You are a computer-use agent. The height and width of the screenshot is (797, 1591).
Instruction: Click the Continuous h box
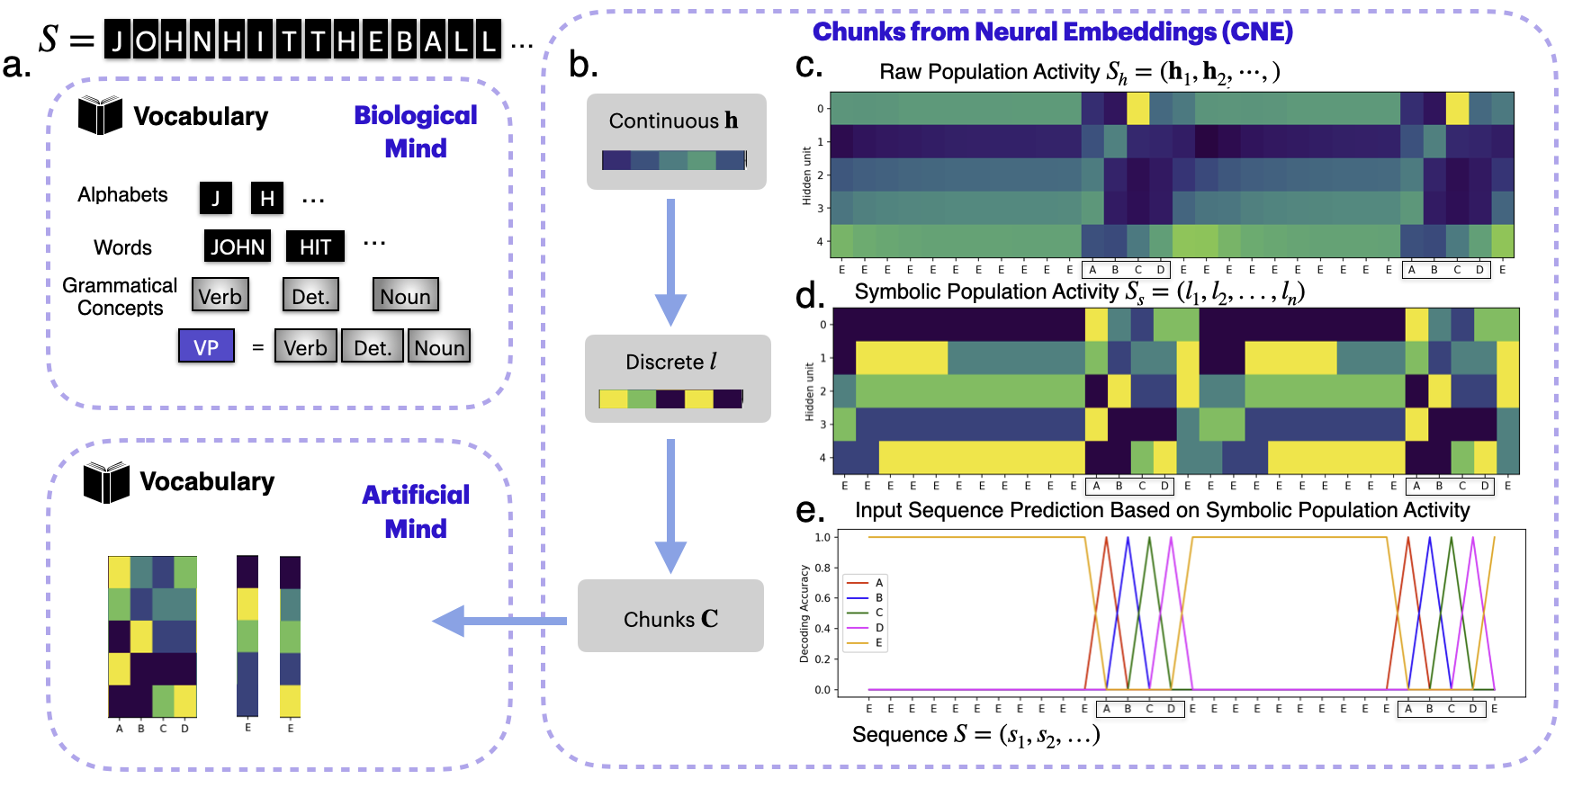pos(676,141)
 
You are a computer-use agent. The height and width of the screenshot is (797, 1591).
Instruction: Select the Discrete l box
pos(677,378)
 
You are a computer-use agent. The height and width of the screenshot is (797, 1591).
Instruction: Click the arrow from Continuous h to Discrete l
pos(670,261)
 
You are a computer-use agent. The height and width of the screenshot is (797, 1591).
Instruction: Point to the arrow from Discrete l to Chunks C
pos(670,505)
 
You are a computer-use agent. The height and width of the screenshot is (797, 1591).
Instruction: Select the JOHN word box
pos(238,246)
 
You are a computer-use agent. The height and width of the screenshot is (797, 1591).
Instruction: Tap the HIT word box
pos(315,246)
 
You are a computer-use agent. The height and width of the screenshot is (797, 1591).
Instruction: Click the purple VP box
pos(206,347)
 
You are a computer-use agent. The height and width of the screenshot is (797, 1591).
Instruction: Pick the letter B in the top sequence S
pos(405,41)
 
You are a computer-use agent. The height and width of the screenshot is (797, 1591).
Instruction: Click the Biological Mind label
pos(416,131)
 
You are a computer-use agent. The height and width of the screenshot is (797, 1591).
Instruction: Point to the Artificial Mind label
pos(416,511)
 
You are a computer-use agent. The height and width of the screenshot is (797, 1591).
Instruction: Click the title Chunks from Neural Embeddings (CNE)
pos(1052,31)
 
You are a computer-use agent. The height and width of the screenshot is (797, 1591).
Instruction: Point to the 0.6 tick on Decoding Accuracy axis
pos(822,598)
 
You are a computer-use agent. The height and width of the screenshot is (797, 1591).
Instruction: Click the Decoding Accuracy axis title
pos(804,613)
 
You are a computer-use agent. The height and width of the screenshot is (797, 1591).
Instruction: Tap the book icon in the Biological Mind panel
pos(100,116)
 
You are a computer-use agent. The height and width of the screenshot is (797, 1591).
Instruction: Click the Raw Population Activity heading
pos(1079,72)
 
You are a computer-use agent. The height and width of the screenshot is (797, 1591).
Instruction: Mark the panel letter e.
pos(810,511)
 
